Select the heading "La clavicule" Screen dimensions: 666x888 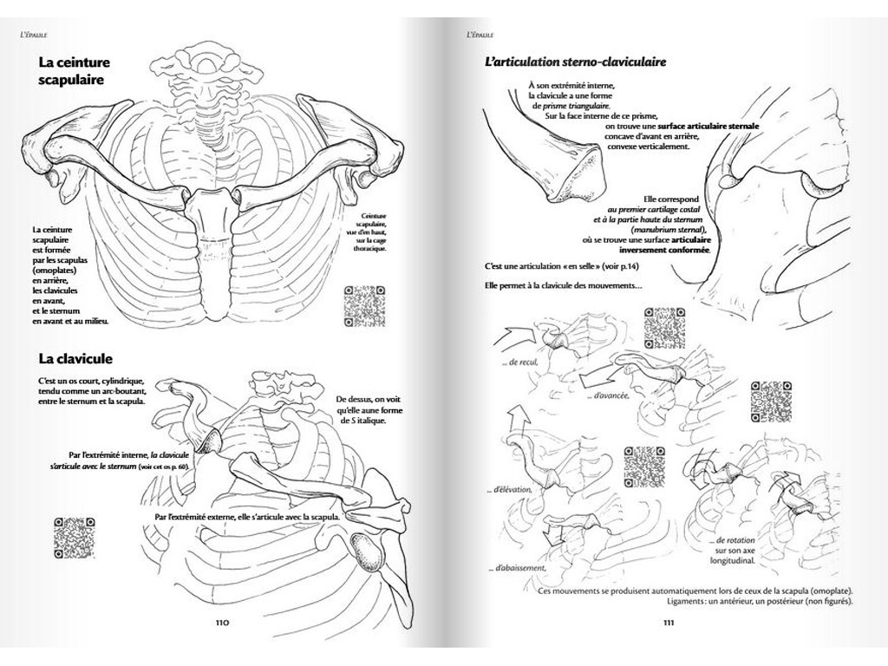(75, 358)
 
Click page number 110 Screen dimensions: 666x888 (223, 622)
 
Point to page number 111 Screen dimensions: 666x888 (669, 622)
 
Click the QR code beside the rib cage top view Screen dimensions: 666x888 (364, 307)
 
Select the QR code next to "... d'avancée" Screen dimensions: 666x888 (772, 401)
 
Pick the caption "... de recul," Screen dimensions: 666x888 (520, 362)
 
